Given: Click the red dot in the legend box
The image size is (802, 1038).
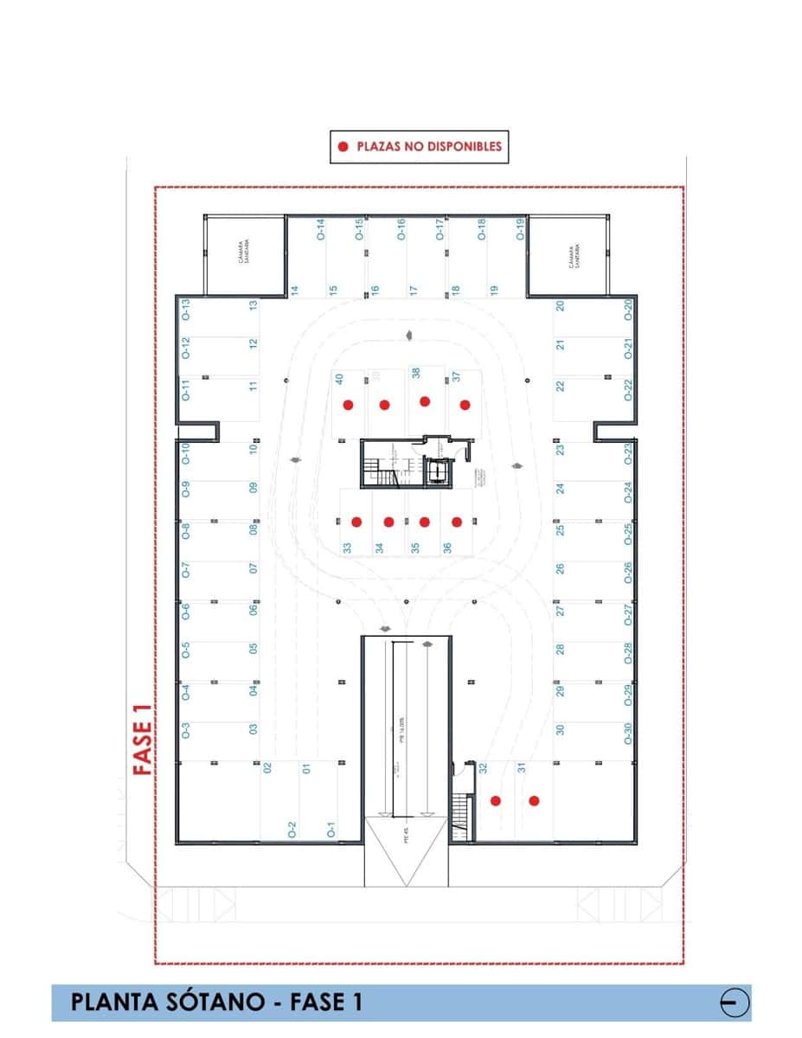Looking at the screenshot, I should tap(343, 147).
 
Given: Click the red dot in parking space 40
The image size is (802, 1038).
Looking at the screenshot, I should tap(348, 404).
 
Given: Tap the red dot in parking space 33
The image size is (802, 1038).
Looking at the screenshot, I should tap(356, 522).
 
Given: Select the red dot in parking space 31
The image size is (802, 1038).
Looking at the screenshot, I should tap(534, 800).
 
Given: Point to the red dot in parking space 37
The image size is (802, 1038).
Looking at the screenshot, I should tap(465, 404).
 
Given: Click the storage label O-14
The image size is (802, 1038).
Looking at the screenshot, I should tap(320, 229).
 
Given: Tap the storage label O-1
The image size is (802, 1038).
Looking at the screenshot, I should tap(330, 830).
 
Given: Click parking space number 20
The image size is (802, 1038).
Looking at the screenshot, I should tap(561, 305).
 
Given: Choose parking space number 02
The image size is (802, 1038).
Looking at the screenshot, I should tap(267, 767).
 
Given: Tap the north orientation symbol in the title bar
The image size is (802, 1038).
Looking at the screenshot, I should tap(734, 1003).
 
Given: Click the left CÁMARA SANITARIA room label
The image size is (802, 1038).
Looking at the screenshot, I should tap(245, 255).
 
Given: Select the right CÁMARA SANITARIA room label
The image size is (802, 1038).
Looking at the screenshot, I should tap(573, 255).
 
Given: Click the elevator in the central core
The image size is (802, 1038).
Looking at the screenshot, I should tap(438, 472).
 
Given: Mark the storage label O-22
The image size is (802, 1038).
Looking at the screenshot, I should tap(629, 390).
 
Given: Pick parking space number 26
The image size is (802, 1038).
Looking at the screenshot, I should tap(561, 569).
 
